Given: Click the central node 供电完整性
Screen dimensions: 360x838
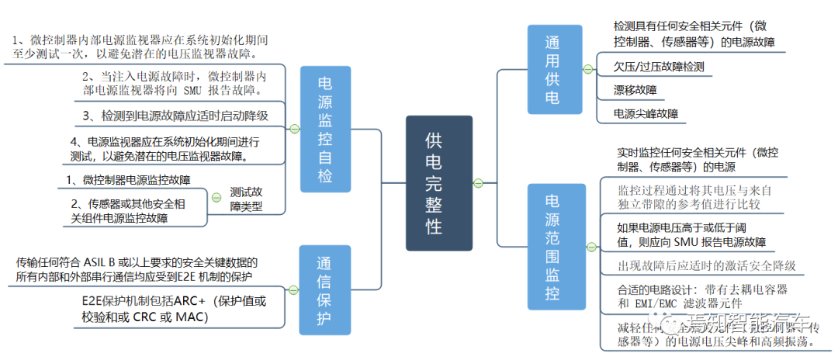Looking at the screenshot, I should tap(438, 183).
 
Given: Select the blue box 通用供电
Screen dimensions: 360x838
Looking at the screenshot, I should tap(554, 71).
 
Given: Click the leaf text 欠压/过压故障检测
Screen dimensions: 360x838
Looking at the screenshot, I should tap(659, 67).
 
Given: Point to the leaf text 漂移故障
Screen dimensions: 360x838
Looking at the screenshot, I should tap(635, 90).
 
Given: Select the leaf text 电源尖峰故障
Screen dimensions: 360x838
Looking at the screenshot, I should tap(646, 113).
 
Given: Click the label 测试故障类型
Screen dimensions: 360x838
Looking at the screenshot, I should tap(246, 200).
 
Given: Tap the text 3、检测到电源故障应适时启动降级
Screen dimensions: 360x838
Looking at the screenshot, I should tap(175, 116).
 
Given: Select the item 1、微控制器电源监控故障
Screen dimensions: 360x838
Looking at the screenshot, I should tap(127, 180).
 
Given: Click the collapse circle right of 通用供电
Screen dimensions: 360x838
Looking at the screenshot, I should tap(587, 70).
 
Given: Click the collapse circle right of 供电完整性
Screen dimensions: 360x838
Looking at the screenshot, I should tap(478, 183).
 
